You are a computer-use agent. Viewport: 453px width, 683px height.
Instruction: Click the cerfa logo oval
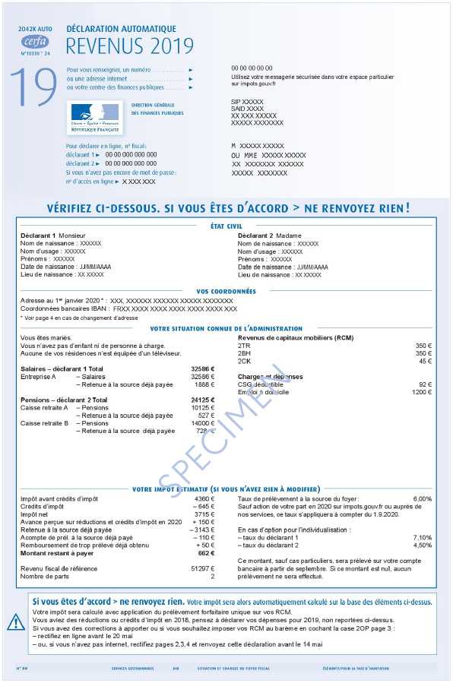click(33, 42)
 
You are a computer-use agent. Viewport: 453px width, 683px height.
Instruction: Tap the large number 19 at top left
click(33, 88)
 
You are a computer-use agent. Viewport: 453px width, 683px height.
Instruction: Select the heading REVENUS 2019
click(130, 46)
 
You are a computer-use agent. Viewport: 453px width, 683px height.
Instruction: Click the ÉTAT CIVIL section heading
click(226, 226)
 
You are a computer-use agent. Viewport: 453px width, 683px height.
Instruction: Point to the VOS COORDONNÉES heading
click(226, 291)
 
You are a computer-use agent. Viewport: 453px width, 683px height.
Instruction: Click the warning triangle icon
click(16, 622)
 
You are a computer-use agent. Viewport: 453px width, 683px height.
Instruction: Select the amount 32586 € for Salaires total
click(202, 368)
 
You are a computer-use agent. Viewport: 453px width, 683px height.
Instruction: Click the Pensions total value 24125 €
click(202, 400)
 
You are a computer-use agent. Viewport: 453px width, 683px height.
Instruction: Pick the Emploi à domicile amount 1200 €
click(422, 392)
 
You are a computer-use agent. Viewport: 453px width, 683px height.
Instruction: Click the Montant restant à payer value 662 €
click(207, 553)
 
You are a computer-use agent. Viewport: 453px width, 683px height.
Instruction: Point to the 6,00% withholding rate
click(422, 498)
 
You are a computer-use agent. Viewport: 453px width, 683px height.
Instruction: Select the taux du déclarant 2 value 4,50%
click(422, 545)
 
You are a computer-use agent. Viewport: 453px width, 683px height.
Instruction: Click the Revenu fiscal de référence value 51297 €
click(202, 569)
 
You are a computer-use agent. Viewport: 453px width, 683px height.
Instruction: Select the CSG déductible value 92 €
click(425, 384)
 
